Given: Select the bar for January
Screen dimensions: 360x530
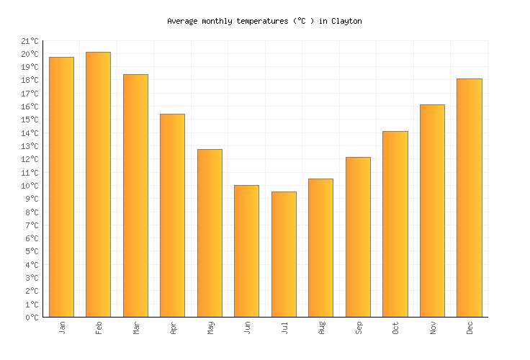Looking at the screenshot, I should tap(61, 186).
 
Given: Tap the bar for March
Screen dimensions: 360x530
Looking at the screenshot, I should tap(135, 195).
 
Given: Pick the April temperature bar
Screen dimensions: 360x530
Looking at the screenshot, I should tap(172, 215).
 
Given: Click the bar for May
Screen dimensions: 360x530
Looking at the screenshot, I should tap(210, 233).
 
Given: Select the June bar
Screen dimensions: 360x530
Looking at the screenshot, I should tap(246, 251).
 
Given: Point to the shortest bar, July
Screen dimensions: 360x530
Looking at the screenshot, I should tap(284, 254).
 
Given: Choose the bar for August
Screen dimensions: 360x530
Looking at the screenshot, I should tap(320, 248).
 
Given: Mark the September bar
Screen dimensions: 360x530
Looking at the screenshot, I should tap(358, 237).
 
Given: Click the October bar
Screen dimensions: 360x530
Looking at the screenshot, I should tap(395, 224).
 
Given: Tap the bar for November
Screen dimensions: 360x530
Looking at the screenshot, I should tap(432, 210).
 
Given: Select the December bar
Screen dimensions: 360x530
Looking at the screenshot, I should tap(469, 197).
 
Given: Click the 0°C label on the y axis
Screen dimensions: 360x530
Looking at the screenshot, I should tap(33, 318).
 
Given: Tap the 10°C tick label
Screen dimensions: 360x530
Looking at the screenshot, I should tap(32, 186).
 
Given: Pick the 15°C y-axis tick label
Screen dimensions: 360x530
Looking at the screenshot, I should tap(32, 120).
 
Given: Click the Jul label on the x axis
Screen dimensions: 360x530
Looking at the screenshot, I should tap(284, 328).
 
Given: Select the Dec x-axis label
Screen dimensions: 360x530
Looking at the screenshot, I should tap(470, 328).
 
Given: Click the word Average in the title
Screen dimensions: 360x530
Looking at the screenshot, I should tap(183, 22).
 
